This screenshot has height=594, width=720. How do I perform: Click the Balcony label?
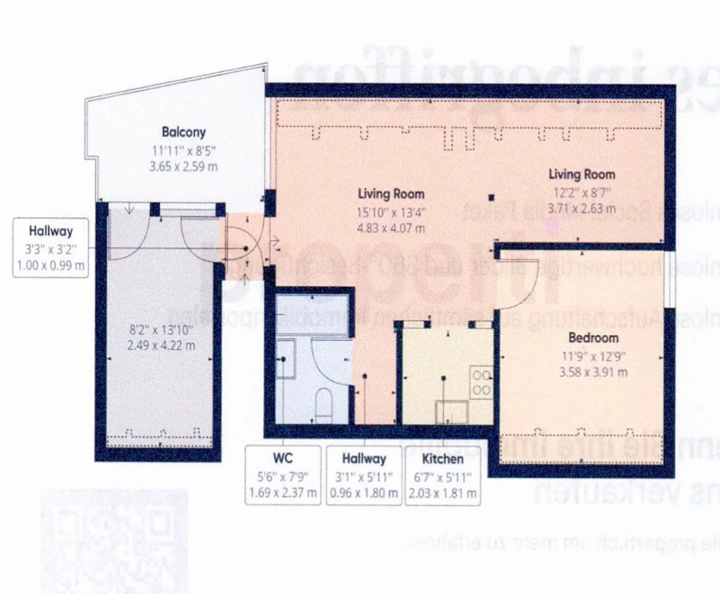(183, 132)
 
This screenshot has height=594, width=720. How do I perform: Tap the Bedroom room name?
(593, 338)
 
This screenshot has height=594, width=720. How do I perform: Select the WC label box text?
(282, 458)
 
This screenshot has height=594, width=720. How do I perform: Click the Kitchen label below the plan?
(442, 459)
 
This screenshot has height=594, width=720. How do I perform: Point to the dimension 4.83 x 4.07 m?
(390, 229)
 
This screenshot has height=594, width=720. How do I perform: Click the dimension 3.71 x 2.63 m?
(581, 209)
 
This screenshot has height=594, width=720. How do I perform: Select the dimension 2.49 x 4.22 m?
(161, 345)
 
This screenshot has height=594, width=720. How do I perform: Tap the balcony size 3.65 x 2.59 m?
(183, 167)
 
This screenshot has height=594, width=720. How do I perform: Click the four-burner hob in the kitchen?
(481, 382)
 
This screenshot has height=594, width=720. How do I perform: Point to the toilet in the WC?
(324, 404)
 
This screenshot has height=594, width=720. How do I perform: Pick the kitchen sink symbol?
(451, 411)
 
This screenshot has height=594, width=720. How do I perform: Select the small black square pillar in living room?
(491, 197)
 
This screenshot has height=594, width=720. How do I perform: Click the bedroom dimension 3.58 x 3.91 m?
(593, 372)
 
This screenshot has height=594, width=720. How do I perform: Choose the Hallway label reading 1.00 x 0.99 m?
(50, 265)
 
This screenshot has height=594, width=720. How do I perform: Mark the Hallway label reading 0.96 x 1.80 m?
(363, 493)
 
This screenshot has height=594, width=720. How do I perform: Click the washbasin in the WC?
(285, 359)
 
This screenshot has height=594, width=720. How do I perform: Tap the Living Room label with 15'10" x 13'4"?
(390, 194)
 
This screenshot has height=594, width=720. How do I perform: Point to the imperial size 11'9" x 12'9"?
(593, 356)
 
